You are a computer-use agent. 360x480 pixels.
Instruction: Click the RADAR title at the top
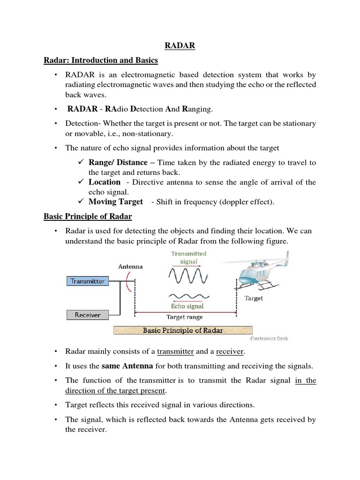pos(180,46)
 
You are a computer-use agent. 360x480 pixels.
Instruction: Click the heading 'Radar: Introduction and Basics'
pos(101,60)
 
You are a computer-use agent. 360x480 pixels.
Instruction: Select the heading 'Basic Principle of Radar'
pos(88,217)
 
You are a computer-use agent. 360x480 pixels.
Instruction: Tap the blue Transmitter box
pos(88,281)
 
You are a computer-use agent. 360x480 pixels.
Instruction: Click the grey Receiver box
pos(88,315)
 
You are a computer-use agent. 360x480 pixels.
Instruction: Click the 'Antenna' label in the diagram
pos(130,266)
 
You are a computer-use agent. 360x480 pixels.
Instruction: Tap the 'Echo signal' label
pos(187,307)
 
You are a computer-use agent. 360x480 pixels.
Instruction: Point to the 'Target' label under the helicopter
pos(254,298)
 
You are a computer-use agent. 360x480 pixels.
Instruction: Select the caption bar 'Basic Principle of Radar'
pos(183,330)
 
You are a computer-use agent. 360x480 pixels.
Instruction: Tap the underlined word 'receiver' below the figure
pos(230,352)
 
